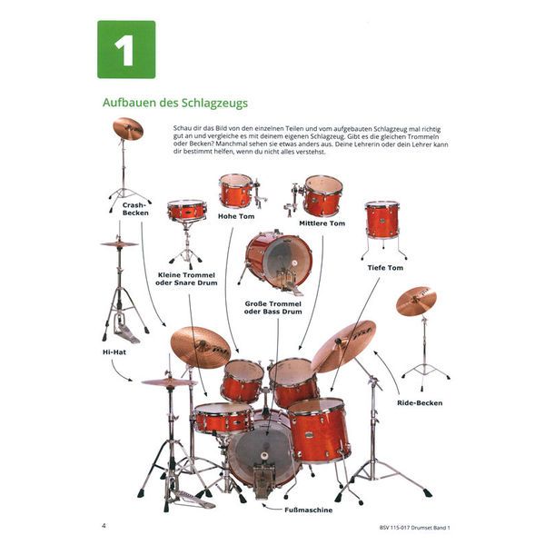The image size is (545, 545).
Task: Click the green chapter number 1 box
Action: coord(125,49)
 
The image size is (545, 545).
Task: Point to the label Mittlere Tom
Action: coord(323,223)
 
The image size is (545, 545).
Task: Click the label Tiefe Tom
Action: coord(384,267)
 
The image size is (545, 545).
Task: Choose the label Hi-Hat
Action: coord(113,350)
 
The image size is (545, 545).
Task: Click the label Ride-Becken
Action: coord(419,401)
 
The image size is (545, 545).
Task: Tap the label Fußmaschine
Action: coord(282,510)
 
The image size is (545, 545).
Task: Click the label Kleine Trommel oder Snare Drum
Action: coord(188,278)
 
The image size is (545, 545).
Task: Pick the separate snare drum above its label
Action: coord(186,211)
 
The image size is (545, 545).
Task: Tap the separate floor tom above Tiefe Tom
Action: coord(382,221)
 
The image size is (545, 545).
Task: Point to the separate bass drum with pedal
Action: coord(278,259)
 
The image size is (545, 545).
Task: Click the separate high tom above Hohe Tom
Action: coord(236,191)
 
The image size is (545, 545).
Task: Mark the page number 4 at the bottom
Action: coord(104,525)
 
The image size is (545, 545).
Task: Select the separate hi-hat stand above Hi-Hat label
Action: coord(120,286)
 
